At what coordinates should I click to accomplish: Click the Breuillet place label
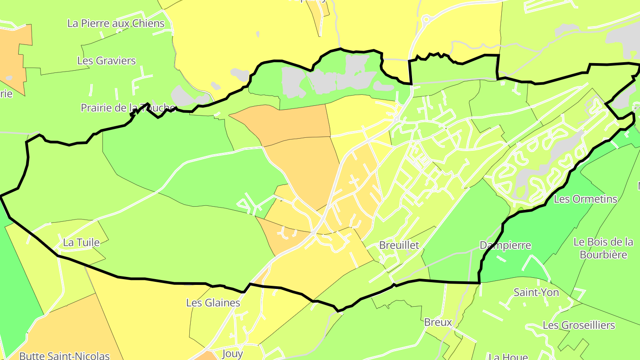coord(399,245)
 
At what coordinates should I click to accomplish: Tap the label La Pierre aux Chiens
coord(116,23)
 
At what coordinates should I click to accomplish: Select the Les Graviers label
coord(106,60)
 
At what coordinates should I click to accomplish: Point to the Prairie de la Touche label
coord(128,108)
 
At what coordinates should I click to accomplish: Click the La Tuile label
coord(81,242)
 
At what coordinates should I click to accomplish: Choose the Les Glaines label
coord(213,303)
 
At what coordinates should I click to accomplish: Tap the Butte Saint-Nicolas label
coord(64,356)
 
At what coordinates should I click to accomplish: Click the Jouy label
coord(232,353)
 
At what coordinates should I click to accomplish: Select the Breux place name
coord(438,322)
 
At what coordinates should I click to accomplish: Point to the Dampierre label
coord(505,245)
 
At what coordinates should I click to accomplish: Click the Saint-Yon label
coord(536,292)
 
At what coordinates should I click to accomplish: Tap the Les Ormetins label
coord(585,199)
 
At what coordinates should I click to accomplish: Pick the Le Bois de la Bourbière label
coord(603,248)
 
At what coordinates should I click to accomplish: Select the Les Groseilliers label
coord(579,325)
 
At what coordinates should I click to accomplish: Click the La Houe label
coord(508,356)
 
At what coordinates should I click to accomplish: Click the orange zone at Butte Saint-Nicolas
coord(67,329)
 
